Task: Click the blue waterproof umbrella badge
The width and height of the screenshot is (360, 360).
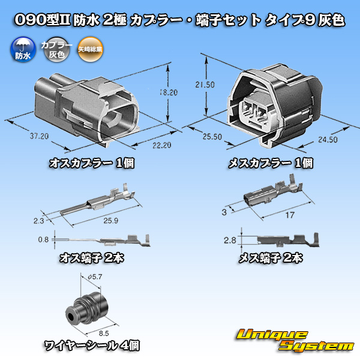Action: coord(23,50)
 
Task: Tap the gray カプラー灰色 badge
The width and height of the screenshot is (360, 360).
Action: coord(56,50)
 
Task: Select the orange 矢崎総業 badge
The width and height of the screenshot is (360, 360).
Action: coord(90,50)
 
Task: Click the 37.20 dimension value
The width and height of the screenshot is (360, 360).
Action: coord(39,136)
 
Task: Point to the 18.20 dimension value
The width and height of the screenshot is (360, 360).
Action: coord(169,92)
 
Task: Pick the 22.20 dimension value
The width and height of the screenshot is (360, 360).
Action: coord(162,145)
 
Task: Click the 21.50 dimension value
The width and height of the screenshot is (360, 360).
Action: coord(205,85)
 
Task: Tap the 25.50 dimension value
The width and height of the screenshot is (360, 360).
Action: coord(212,137)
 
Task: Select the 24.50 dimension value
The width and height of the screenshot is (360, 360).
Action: coord(328,140)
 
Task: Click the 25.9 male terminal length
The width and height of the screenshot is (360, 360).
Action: coord(110,221)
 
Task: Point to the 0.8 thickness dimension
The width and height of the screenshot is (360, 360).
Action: coord(43,239)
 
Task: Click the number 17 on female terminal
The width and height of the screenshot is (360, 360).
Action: coord(290,215)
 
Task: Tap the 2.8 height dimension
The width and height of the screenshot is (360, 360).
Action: coord(230,241)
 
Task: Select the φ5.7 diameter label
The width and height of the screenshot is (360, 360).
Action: coord(95,277)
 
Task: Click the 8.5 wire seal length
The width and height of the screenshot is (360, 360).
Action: coord(104,333)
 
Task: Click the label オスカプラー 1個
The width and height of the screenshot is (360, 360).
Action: coord(92,163)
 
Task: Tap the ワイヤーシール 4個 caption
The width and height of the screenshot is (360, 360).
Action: coord(92,346)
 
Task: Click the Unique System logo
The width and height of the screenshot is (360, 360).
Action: coord(295,340)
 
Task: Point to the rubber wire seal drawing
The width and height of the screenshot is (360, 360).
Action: coord(86,308)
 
